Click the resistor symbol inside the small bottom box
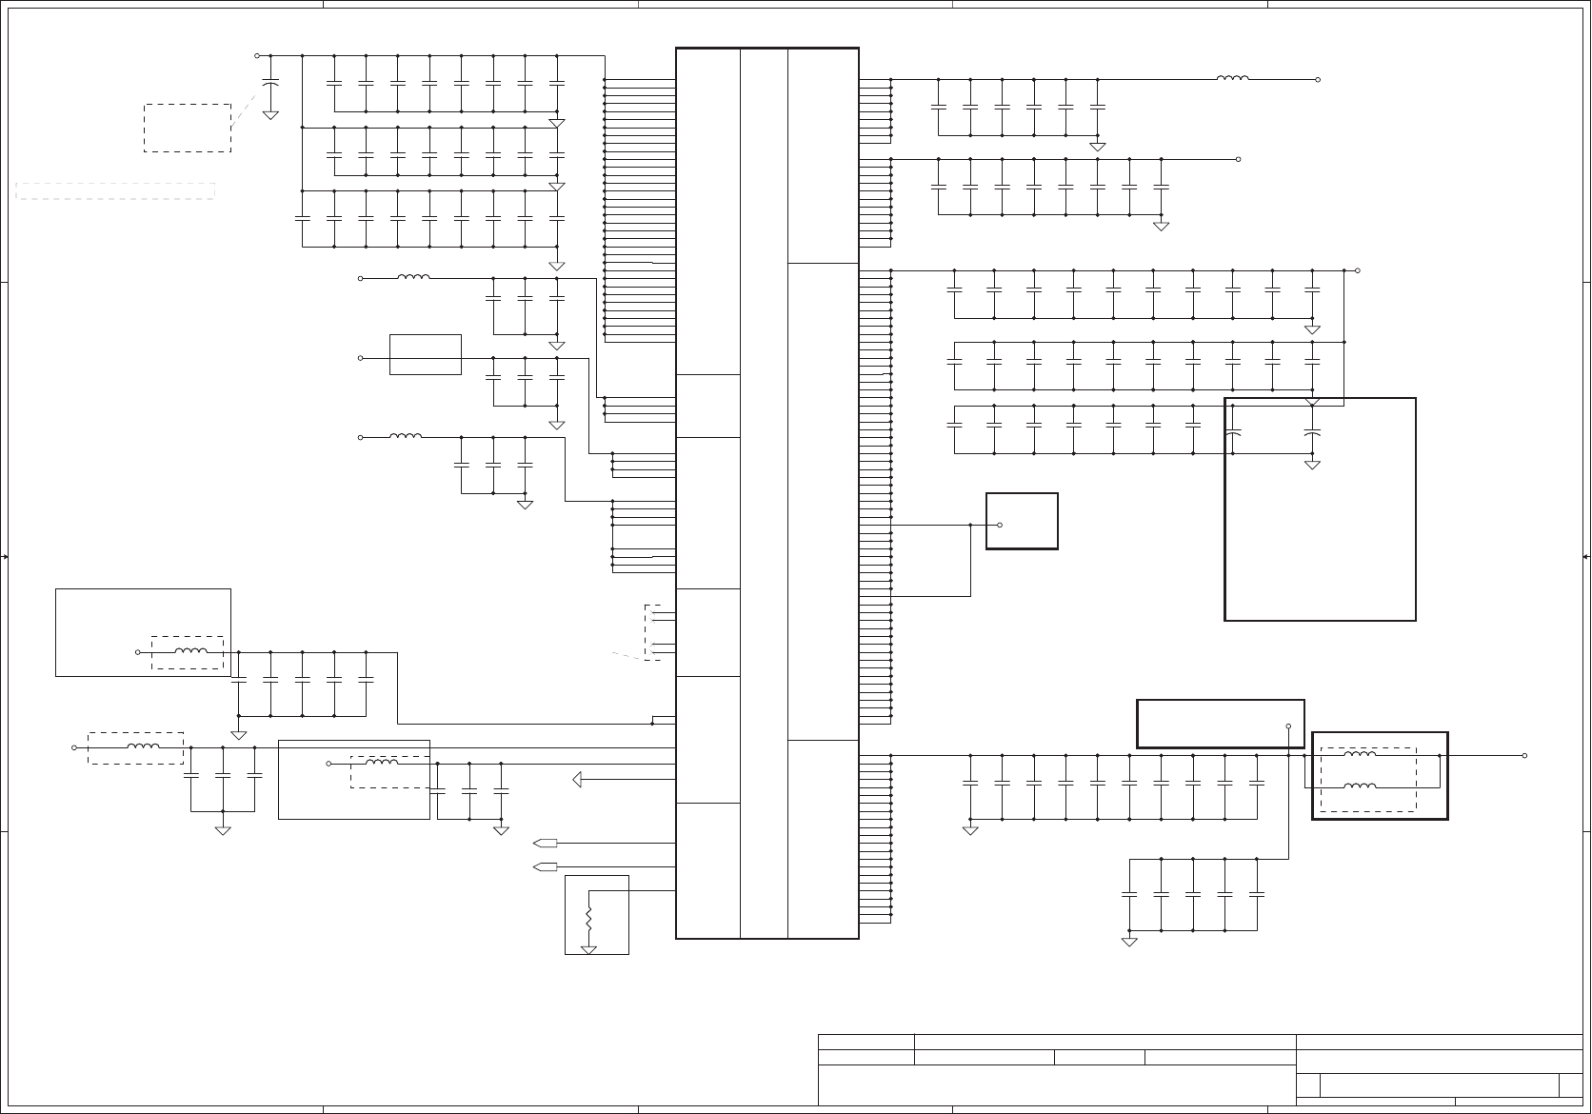588,920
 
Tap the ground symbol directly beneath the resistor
588,949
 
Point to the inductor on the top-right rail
1233,79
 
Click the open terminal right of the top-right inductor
1318,80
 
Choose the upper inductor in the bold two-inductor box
1359,755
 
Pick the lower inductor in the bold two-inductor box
1359,786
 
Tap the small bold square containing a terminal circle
1022,521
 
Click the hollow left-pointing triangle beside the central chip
577,780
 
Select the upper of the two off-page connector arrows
546,843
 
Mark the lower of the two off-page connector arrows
546,866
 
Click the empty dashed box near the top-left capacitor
188,128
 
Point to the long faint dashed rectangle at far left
115,190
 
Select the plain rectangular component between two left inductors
426,354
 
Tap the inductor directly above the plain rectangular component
413,278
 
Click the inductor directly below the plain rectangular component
406,437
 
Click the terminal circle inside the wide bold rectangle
1288,726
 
